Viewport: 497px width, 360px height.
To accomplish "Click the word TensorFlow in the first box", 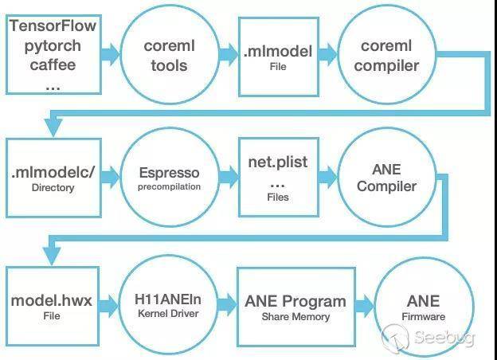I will pos(53,25).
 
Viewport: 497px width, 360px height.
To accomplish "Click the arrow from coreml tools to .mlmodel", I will pos(228,55).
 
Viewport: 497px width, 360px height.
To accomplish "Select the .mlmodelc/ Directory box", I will pos(53,177).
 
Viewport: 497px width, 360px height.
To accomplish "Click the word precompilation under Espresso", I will pos(168,187).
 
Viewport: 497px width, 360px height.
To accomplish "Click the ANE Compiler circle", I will pos(386,177).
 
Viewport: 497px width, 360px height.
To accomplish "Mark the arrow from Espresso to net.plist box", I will pos(228,177).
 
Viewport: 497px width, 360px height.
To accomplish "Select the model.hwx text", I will pos(53,301).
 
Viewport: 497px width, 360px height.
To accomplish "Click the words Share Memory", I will pos(295,316).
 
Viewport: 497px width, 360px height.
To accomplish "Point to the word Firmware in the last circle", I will pos(423,317).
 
